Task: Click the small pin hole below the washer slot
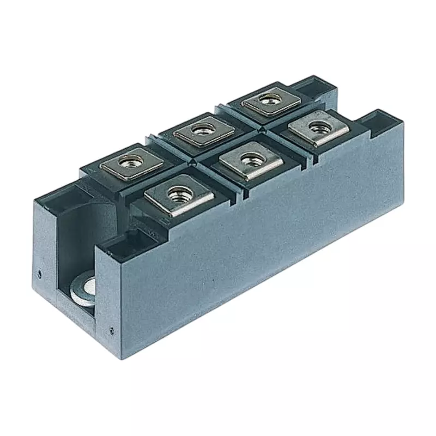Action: point(111,329)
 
